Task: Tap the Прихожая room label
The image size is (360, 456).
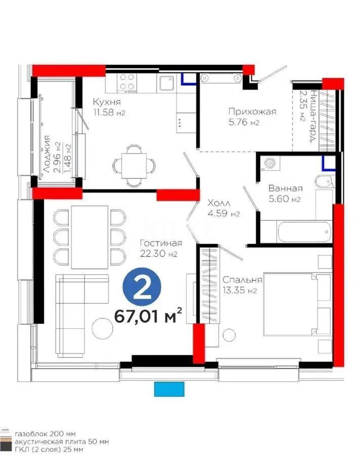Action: tap(252, 112)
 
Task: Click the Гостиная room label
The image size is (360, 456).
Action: tap(161, 244)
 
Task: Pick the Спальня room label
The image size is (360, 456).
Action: tap(242, 280)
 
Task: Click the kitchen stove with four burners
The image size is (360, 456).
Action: tap(127, 83)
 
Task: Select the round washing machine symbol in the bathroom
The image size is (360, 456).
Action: tap(269, 163)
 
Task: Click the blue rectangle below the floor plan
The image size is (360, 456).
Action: tap(170, 389)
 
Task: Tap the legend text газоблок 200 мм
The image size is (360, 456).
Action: tap(45, 434)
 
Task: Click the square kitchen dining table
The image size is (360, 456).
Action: tap(133, 165)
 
